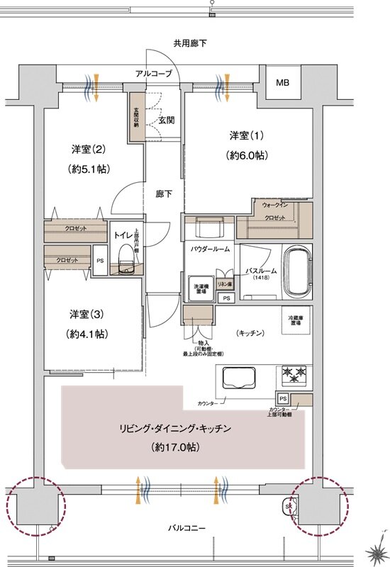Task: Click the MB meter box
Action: point(282,84)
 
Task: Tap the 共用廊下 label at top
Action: point(189,43)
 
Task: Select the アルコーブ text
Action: point(154,73)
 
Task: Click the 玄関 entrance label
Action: point(166,120)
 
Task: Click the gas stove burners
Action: point(294,373)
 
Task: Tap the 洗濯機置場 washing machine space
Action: point(201,288)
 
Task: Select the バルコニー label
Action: point(187,528)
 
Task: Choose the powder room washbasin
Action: point(208,228)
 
